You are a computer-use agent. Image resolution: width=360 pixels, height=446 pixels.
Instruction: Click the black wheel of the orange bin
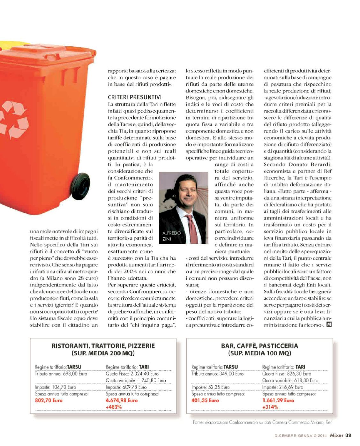(x=80, y=186)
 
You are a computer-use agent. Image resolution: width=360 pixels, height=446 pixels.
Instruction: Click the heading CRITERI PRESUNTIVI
(x=134, y=97)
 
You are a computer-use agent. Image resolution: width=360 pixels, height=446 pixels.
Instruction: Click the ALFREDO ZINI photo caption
(x=171, y=236)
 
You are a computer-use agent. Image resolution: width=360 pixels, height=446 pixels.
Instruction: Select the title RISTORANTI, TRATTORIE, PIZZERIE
(x=103, y=346)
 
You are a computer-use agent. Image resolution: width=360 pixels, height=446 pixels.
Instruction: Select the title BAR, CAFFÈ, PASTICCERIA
(x=259, y=346)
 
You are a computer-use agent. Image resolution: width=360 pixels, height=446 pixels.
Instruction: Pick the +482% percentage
(x=114, y=407)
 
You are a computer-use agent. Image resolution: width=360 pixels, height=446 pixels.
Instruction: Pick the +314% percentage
(x=270, y=407)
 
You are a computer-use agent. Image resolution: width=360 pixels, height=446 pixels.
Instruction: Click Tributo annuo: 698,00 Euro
(x=61, y=374)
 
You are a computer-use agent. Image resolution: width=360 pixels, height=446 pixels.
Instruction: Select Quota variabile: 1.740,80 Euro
(x=136, y=380)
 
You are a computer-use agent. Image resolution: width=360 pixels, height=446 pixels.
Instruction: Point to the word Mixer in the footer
(x=336, y=435)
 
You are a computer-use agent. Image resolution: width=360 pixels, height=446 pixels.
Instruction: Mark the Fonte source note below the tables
(x=262, y=422)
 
